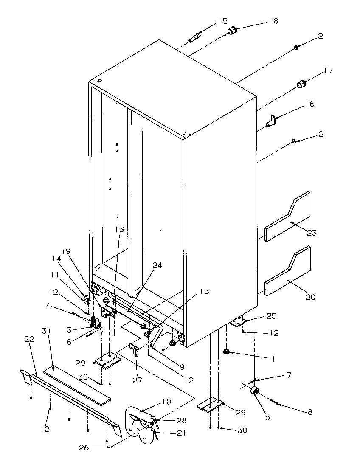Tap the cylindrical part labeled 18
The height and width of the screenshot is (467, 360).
(231, 31)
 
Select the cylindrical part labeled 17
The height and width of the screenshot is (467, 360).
(301, 84)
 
